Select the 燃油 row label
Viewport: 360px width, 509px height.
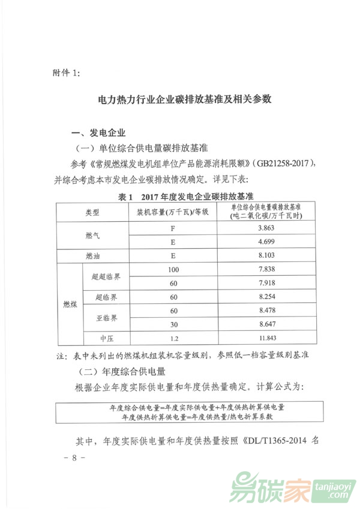92,256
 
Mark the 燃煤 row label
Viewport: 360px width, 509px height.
70,305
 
